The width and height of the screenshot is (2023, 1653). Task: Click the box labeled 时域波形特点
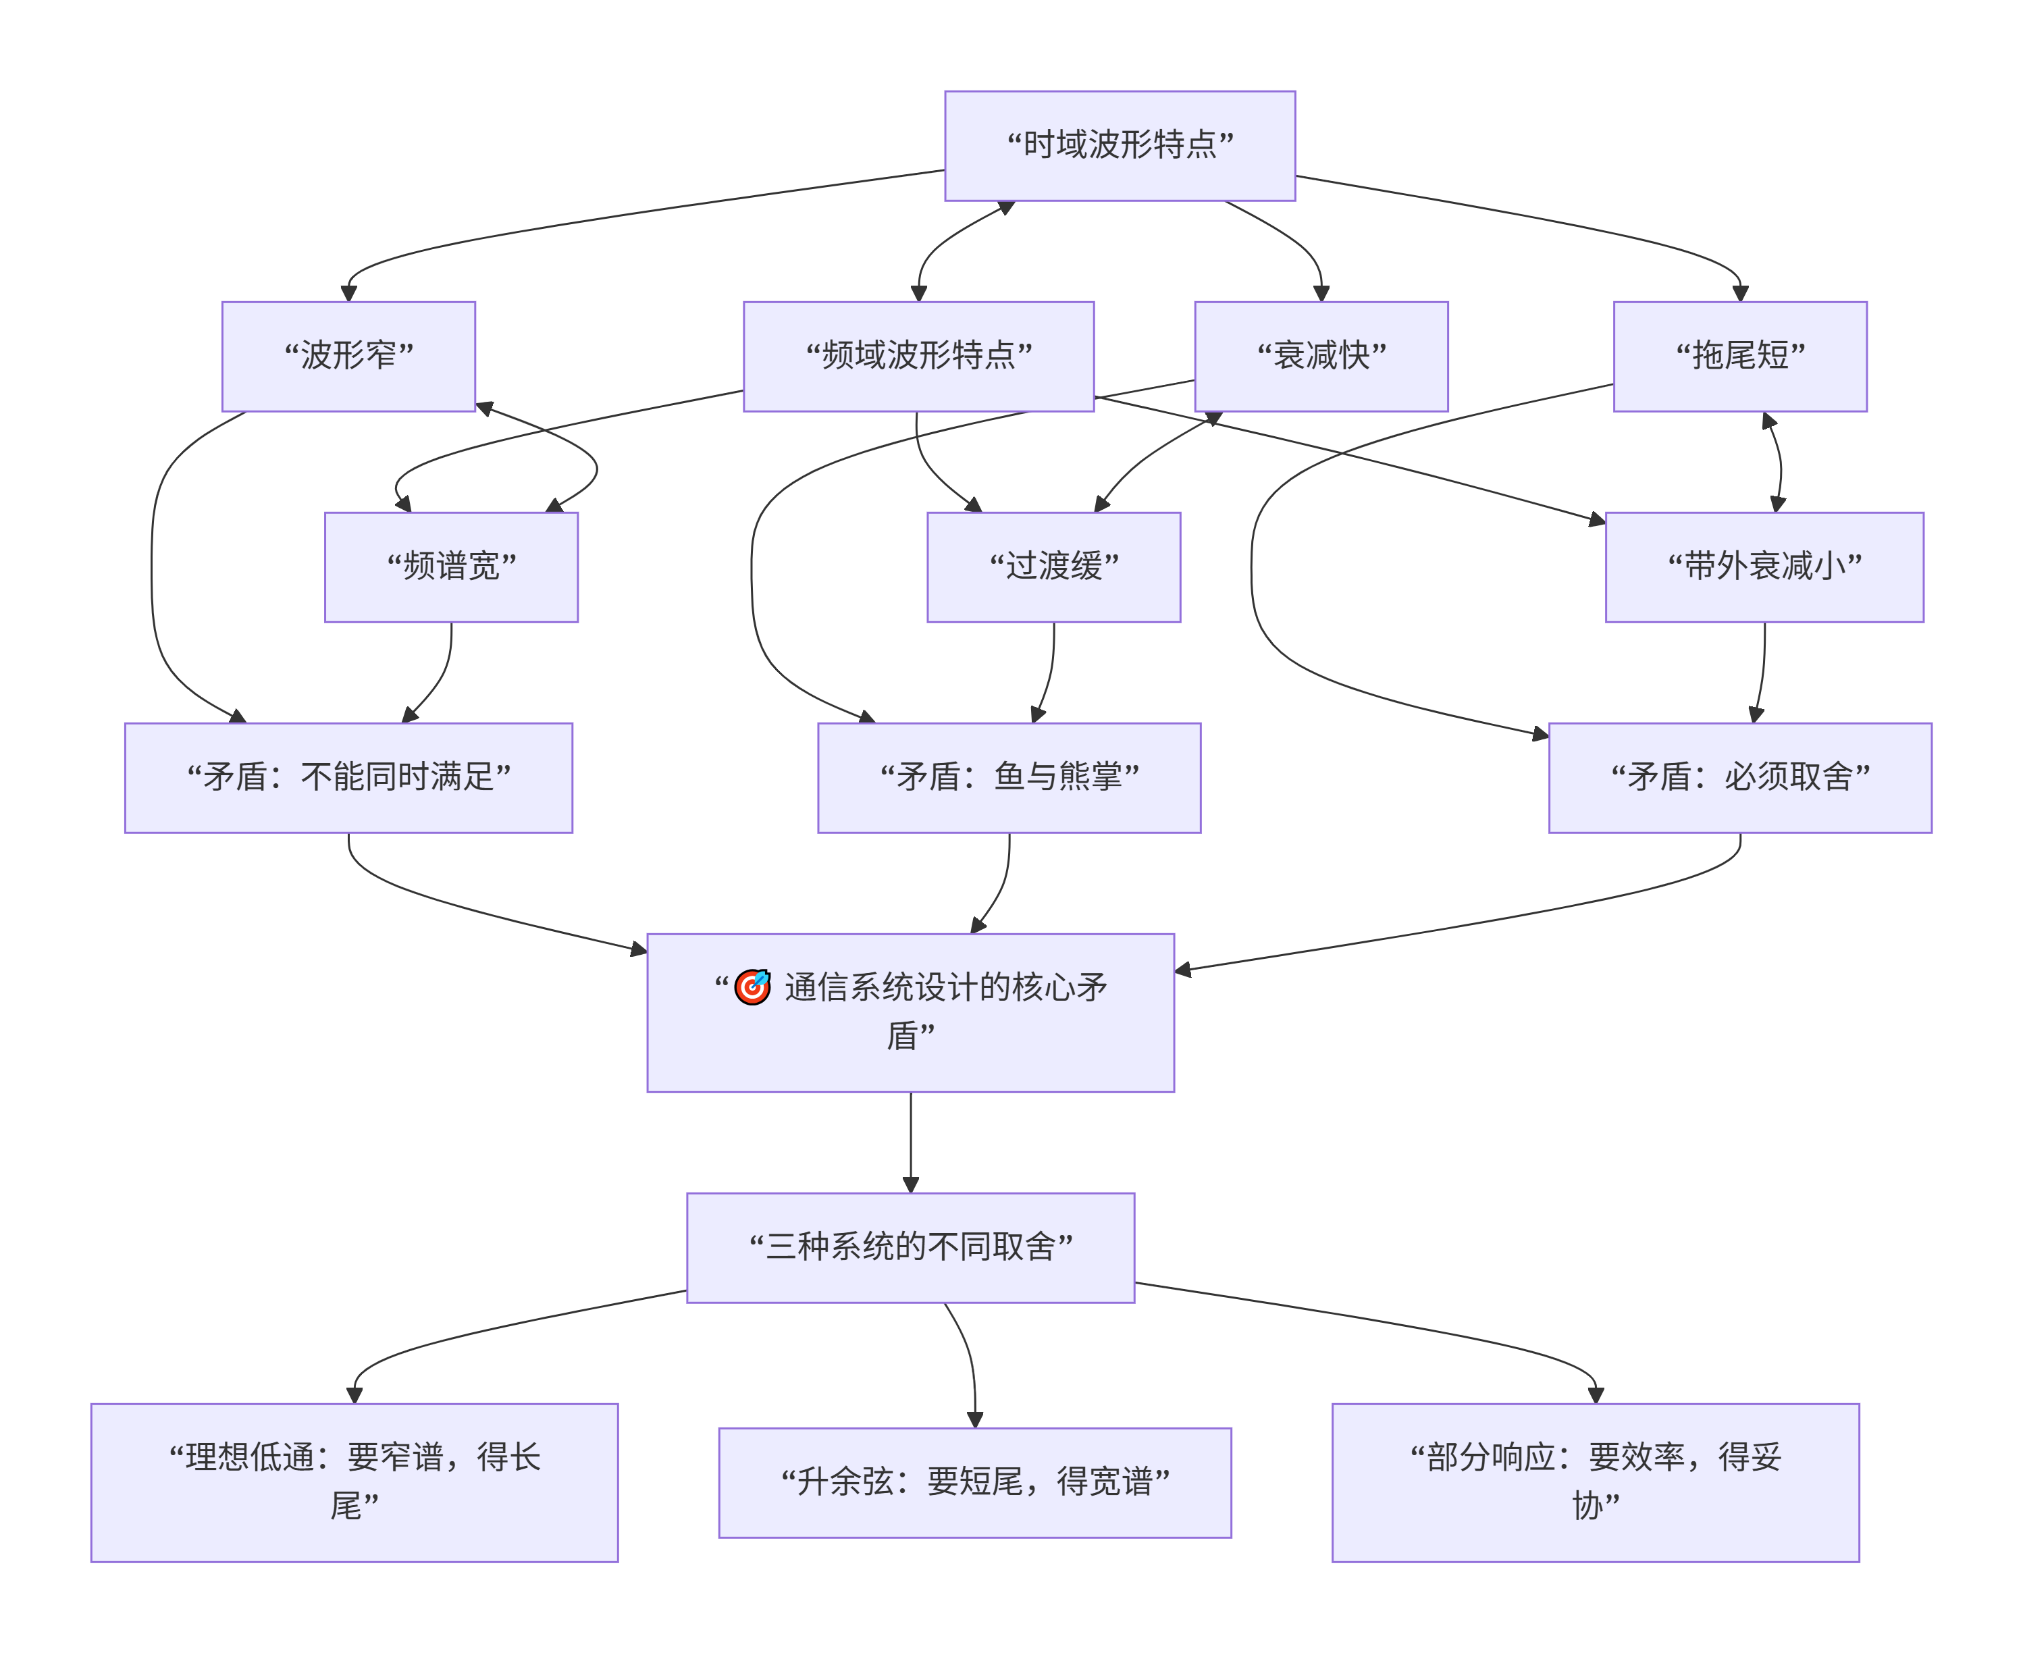pos(1120,146)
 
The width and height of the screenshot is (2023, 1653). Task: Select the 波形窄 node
pos(348,356)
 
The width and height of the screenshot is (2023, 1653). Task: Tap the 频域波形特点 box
pos(919,356)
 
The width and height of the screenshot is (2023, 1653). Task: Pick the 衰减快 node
pos(1321,356)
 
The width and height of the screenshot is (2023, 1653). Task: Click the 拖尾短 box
pos(1740,356)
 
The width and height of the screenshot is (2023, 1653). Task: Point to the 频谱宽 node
pos(451,567)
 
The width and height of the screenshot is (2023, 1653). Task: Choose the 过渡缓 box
pos(1054,567)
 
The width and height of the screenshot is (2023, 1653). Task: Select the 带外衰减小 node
pos(1764,567)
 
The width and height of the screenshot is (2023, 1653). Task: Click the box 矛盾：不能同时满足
pos(348,777)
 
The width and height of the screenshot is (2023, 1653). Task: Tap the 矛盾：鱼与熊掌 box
pos(1009,777)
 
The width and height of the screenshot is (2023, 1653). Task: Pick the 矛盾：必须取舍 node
pos(1740,777)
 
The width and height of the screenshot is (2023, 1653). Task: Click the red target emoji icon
pos(752,987)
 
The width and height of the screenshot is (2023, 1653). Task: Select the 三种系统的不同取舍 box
pos(911,1247)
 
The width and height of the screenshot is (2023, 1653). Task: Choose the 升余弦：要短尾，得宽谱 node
pos(975,1483)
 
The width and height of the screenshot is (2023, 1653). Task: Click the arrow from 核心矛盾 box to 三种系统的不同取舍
pos(911,1143)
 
